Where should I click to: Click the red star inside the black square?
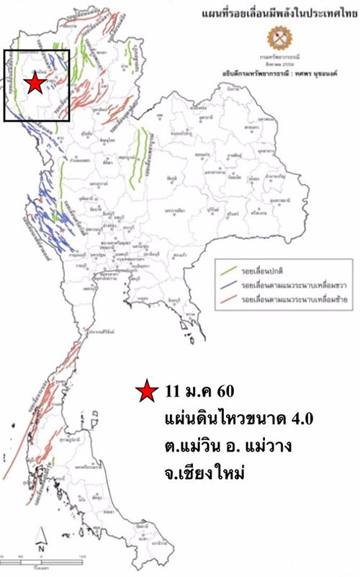coord(34,84)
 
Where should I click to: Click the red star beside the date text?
coord(147,393)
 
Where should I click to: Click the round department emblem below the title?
coord(275,37)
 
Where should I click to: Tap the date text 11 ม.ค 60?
coord(199,393)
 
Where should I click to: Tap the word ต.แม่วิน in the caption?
coord(189,446)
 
